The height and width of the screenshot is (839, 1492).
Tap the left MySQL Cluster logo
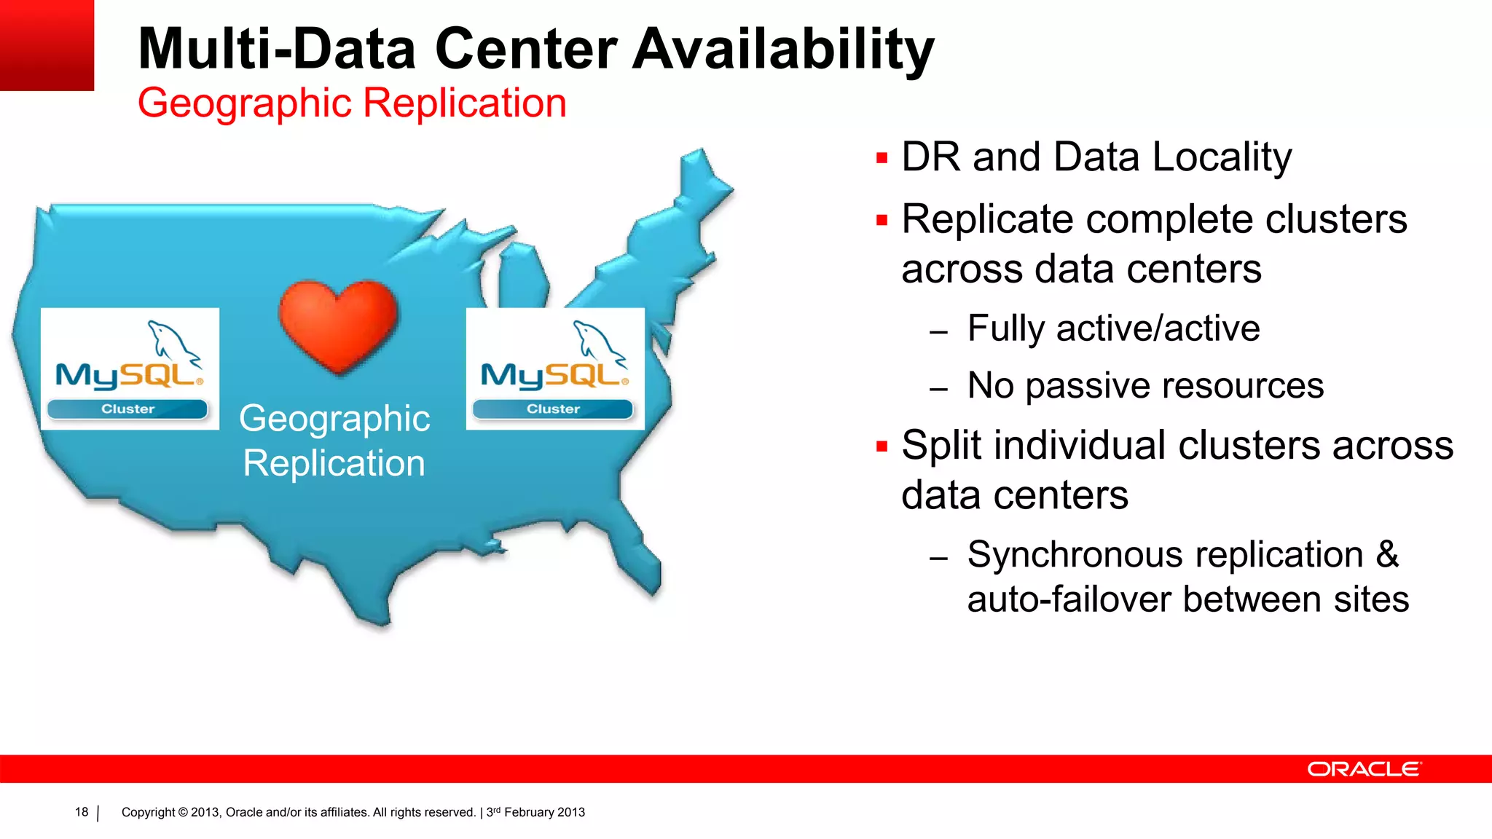(130, 369)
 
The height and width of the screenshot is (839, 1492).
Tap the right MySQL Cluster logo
(555, 369)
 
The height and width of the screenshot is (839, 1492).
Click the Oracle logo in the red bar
(1364, 769)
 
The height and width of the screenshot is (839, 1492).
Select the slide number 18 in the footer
(82, 812)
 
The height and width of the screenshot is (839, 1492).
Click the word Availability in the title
(783, 50)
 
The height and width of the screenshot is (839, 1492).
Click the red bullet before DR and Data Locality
(882, 157)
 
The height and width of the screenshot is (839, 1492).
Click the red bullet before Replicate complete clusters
(882, 220)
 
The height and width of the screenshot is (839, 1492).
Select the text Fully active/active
(1113, 328)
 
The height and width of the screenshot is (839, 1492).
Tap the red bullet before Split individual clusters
(882, 446)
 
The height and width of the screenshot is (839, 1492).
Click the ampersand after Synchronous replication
(1387, 554)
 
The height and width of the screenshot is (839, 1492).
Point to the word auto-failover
(1069, 600)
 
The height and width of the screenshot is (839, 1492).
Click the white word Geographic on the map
(334, 419)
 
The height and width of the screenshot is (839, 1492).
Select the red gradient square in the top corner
(47, 45)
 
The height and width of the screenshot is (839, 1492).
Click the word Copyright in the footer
(148, 812)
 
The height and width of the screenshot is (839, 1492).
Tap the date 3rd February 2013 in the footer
(535, 812)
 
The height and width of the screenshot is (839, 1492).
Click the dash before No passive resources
(938, 389)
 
